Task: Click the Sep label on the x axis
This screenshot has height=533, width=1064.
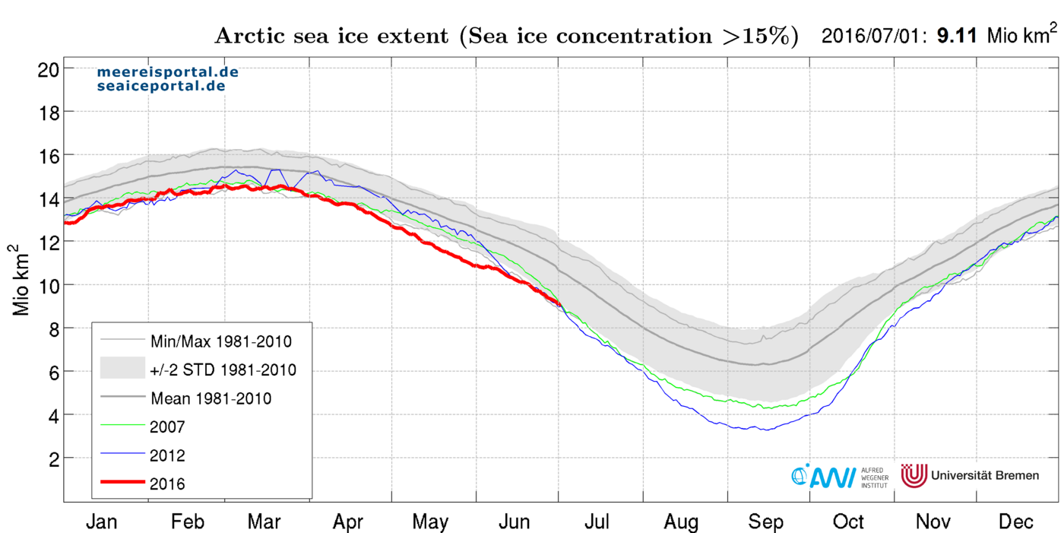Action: pos(765,522)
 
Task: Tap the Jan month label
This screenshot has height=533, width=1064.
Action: pos(102,522)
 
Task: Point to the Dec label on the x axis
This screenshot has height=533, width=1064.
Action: pos(1015,522)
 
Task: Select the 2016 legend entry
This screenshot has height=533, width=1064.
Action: pos(168,484)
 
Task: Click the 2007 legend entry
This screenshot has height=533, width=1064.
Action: pos(168,427)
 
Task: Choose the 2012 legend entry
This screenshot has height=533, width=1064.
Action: pos(168,455)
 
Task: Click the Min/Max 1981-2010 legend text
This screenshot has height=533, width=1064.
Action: pos(221,341)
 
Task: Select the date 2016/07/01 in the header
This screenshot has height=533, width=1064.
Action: pos(872,35)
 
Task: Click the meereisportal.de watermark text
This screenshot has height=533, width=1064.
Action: pos(167,72)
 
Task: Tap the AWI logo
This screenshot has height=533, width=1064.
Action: pos(824,475)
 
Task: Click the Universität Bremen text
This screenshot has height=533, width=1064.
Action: pos(984,475)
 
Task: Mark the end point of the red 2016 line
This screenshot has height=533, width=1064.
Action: pos(559,304)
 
